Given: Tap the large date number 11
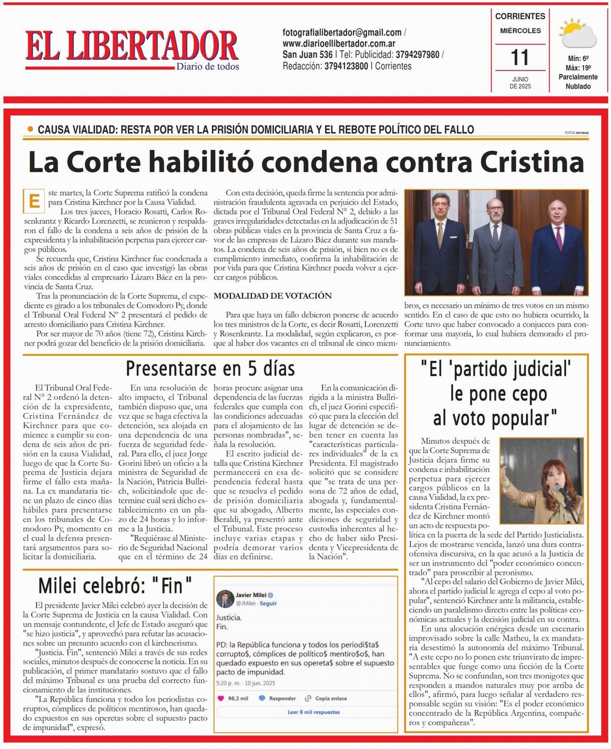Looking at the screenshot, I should click(519, 58).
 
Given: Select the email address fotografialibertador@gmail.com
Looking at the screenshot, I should click(342, 33).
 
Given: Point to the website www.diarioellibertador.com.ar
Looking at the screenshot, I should click(339, 43).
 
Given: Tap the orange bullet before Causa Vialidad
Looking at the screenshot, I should click(30, 129).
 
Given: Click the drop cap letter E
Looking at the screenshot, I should click(34, 201).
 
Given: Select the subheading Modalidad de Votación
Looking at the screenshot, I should click(272, 296).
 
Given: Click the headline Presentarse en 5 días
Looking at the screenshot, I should click(210, 368).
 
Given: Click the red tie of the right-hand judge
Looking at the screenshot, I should click(559, 238).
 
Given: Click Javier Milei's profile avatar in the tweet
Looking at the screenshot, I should click(225, 599).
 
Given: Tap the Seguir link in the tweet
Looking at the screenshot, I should click(268, 603).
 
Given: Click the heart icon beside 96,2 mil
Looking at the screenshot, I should click(221, 698).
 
